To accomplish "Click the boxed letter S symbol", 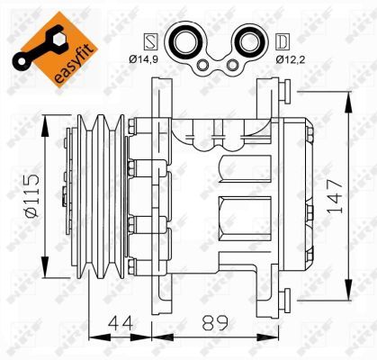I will (150, 40).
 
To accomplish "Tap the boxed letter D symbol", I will (282, 40).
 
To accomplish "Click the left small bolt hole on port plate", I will (205, 64).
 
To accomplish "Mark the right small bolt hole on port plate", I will (231, 64).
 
